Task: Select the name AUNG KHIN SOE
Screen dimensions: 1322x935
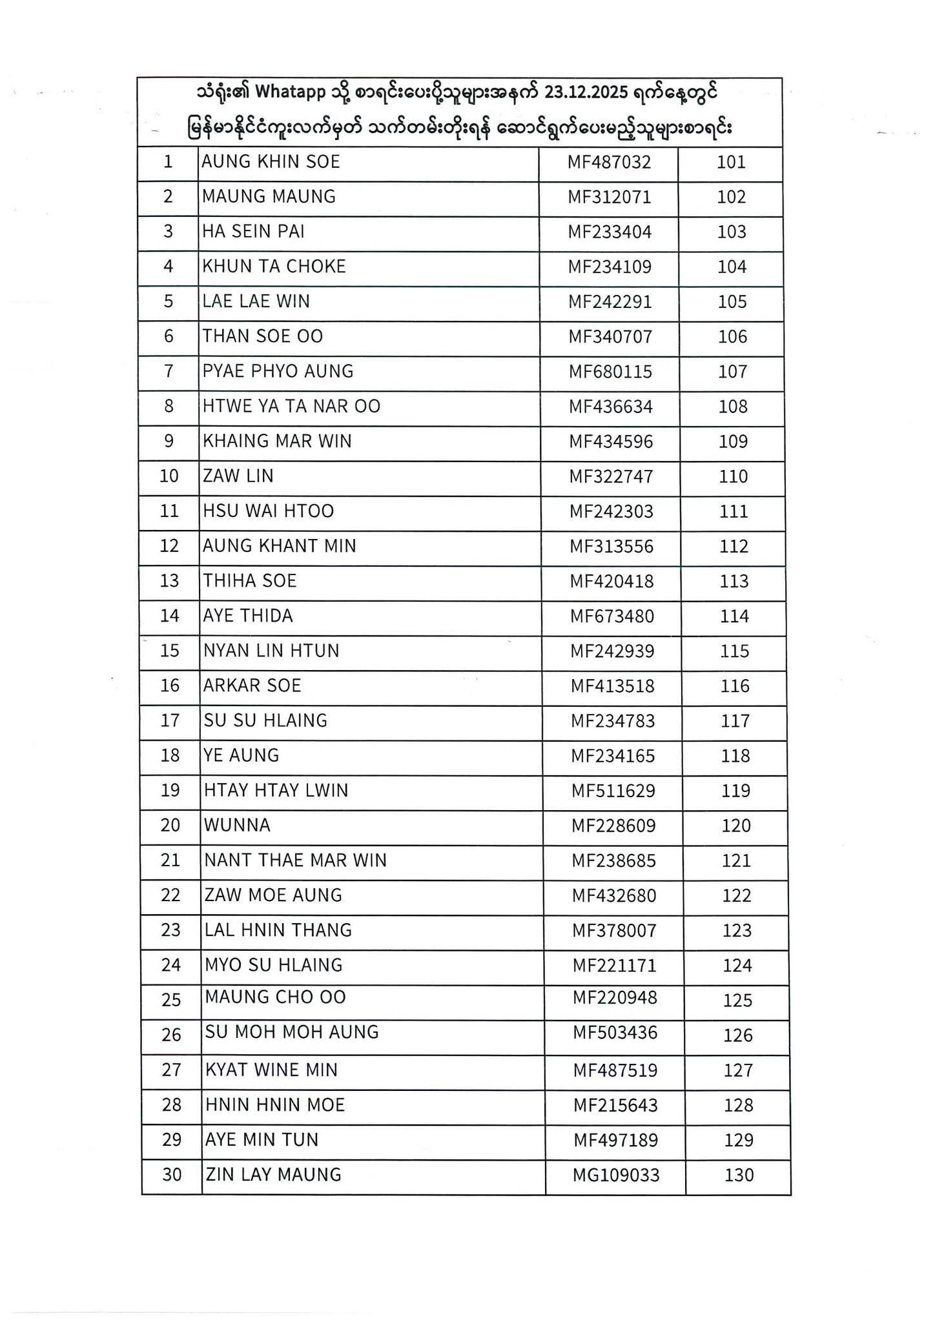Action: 271,161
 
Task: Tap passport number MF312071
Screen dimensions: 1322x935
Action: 609,197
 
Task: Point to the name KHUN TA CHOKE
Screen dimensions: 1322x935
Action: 274,267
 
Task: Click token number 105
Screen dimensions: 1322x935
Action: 732,302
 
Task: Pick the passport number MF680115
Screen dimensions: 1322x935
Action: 610,372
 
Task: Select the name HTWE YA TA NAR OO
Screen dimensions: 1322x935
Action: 291,407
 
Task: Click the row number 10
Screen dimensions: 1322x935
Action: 169,476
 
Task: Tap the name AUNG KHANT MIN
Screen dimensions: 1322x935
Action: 280,546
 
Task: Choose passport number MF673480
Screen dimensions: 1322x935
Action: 611,616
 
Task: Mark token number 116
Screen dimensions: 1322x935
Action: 734,686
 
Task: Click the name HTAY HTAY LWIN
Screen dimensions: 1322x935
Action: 276,791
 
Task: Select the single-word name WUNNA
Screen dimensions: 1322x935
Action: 237,826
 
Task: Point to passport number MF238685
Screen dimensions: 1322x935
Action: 613,861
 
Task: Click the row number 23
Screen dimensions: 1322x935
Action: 171,931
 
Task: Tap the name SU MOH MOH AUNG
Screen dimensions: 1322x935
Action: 292,1032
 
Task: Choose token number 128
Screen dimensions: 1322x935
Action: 738,1105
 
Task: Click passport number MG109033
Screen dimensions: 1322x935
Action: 616,1175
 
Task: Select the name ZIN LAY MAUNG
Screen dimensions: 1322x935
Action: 273,1175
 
